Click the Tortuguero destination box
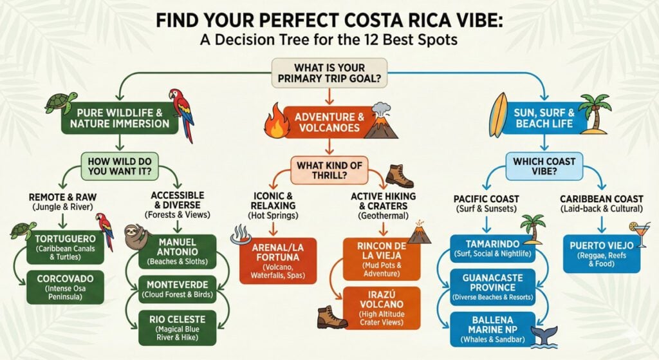(65, 247)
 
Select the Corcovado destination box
(65, 287)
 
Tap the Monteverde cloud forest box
(178, 289)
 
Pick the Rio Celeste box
(178, 328)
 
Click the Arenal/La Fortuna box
(278, 261)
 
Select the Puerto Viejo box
(602, 254)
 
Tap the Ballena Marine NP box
(492, 329)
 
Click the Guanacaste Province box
(492, 287)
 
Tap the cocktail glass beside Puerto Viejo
(640, 234)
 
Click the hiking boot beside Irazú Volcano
(332, 317)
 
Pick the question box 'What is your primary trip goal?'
(329, 73)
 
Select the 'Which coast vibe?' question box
(544, 166)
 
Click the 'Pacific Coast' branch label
(487, 199)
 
